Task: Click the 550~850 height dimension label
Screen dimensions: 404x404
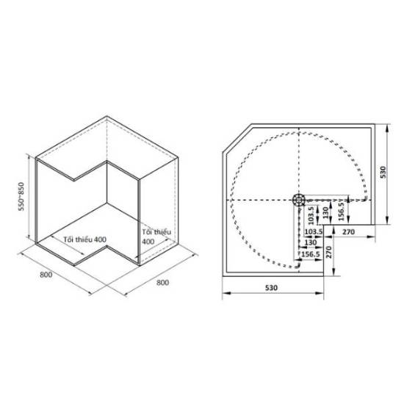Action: (21, 196)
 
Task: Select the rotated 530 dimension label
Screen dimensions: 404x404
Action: (383, 173)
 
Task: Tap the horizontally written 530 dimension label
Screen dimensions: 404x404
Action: (271, 287)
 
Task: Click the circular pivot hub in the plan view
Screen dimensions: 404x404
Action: (299, 200)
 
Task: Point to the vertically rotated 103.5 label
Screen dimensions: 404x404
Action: (311, 215)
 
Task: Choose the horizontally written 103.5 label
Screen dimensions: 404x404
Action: (314, 231)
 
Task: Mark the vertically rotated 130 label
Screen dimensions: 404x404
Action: (326, 212)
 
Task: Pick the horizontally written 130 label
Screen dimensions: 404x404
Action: (311, 242)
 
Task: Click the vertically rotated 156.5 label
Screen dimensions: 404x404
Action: (342, 212)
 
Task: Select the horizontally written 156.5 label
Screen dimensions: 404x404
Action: (311, 254)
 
